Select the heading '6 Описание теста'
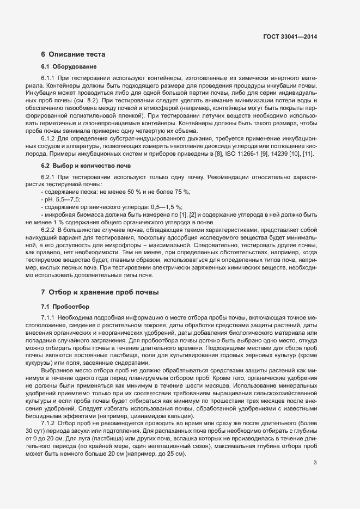pos(73,54)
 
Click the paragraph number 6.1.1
pos(49,78)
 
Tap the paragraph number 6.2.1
pos(49,178)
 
